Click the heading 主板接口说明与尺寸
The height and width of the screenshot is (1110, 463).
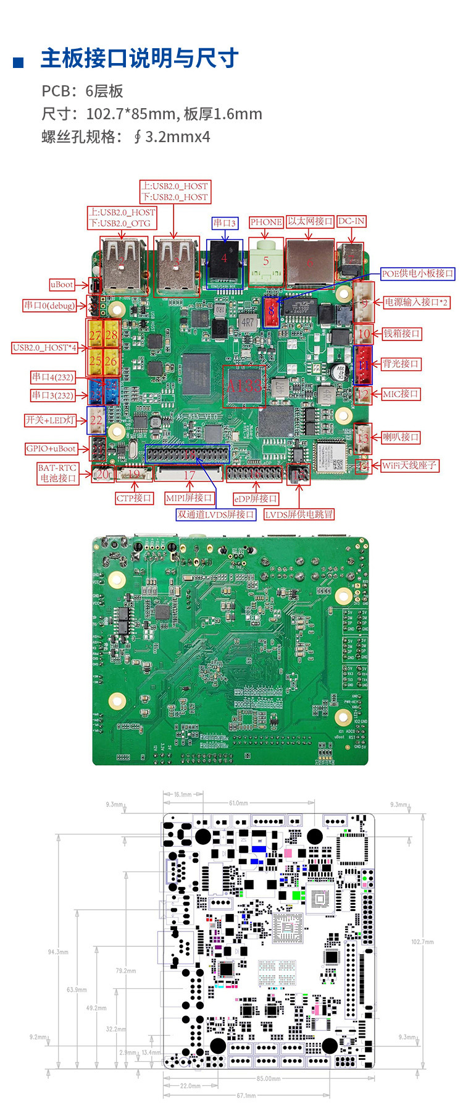[140, 59]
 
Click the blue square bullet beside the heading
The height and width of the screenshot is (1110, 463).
[19, 62]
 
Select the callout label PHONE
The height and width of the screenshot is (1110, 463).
[266, 222]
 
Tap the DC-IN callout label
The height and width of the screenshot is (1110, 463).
[351, 221]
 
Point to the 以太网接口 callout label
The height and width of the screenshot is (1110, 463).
[310, 221]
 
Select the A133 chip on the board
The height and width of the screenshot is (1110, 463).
[244, 386]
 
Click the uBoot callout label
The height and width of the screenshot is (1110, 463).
[62, 284]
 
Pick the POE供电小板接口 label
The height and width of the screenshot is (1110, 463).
[417, 273]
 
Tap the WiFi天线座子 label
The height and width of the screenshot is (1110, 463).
[409, 465]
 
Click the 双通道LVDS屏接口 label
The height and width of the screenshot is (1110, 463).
[216, 514]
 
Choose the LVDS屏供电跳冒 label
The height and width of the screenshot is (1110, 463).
[299, 514]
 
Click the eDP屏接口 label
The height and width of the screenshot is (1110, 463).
[256, 498]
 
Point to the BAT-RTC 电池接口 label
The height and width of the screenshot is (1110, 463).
[58, 473]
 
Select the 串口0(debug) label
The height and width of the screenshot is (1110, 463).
[49, 305]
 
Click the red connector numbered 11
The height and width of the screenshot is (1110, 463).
[363, 365]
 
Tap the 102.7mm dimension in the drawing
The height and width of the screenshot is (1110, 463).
[422, 942]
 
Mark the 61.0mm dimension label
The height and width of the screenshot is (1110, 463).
[239, 803]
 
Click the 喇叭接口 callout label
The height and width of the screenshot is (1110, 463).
[401, 437]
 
